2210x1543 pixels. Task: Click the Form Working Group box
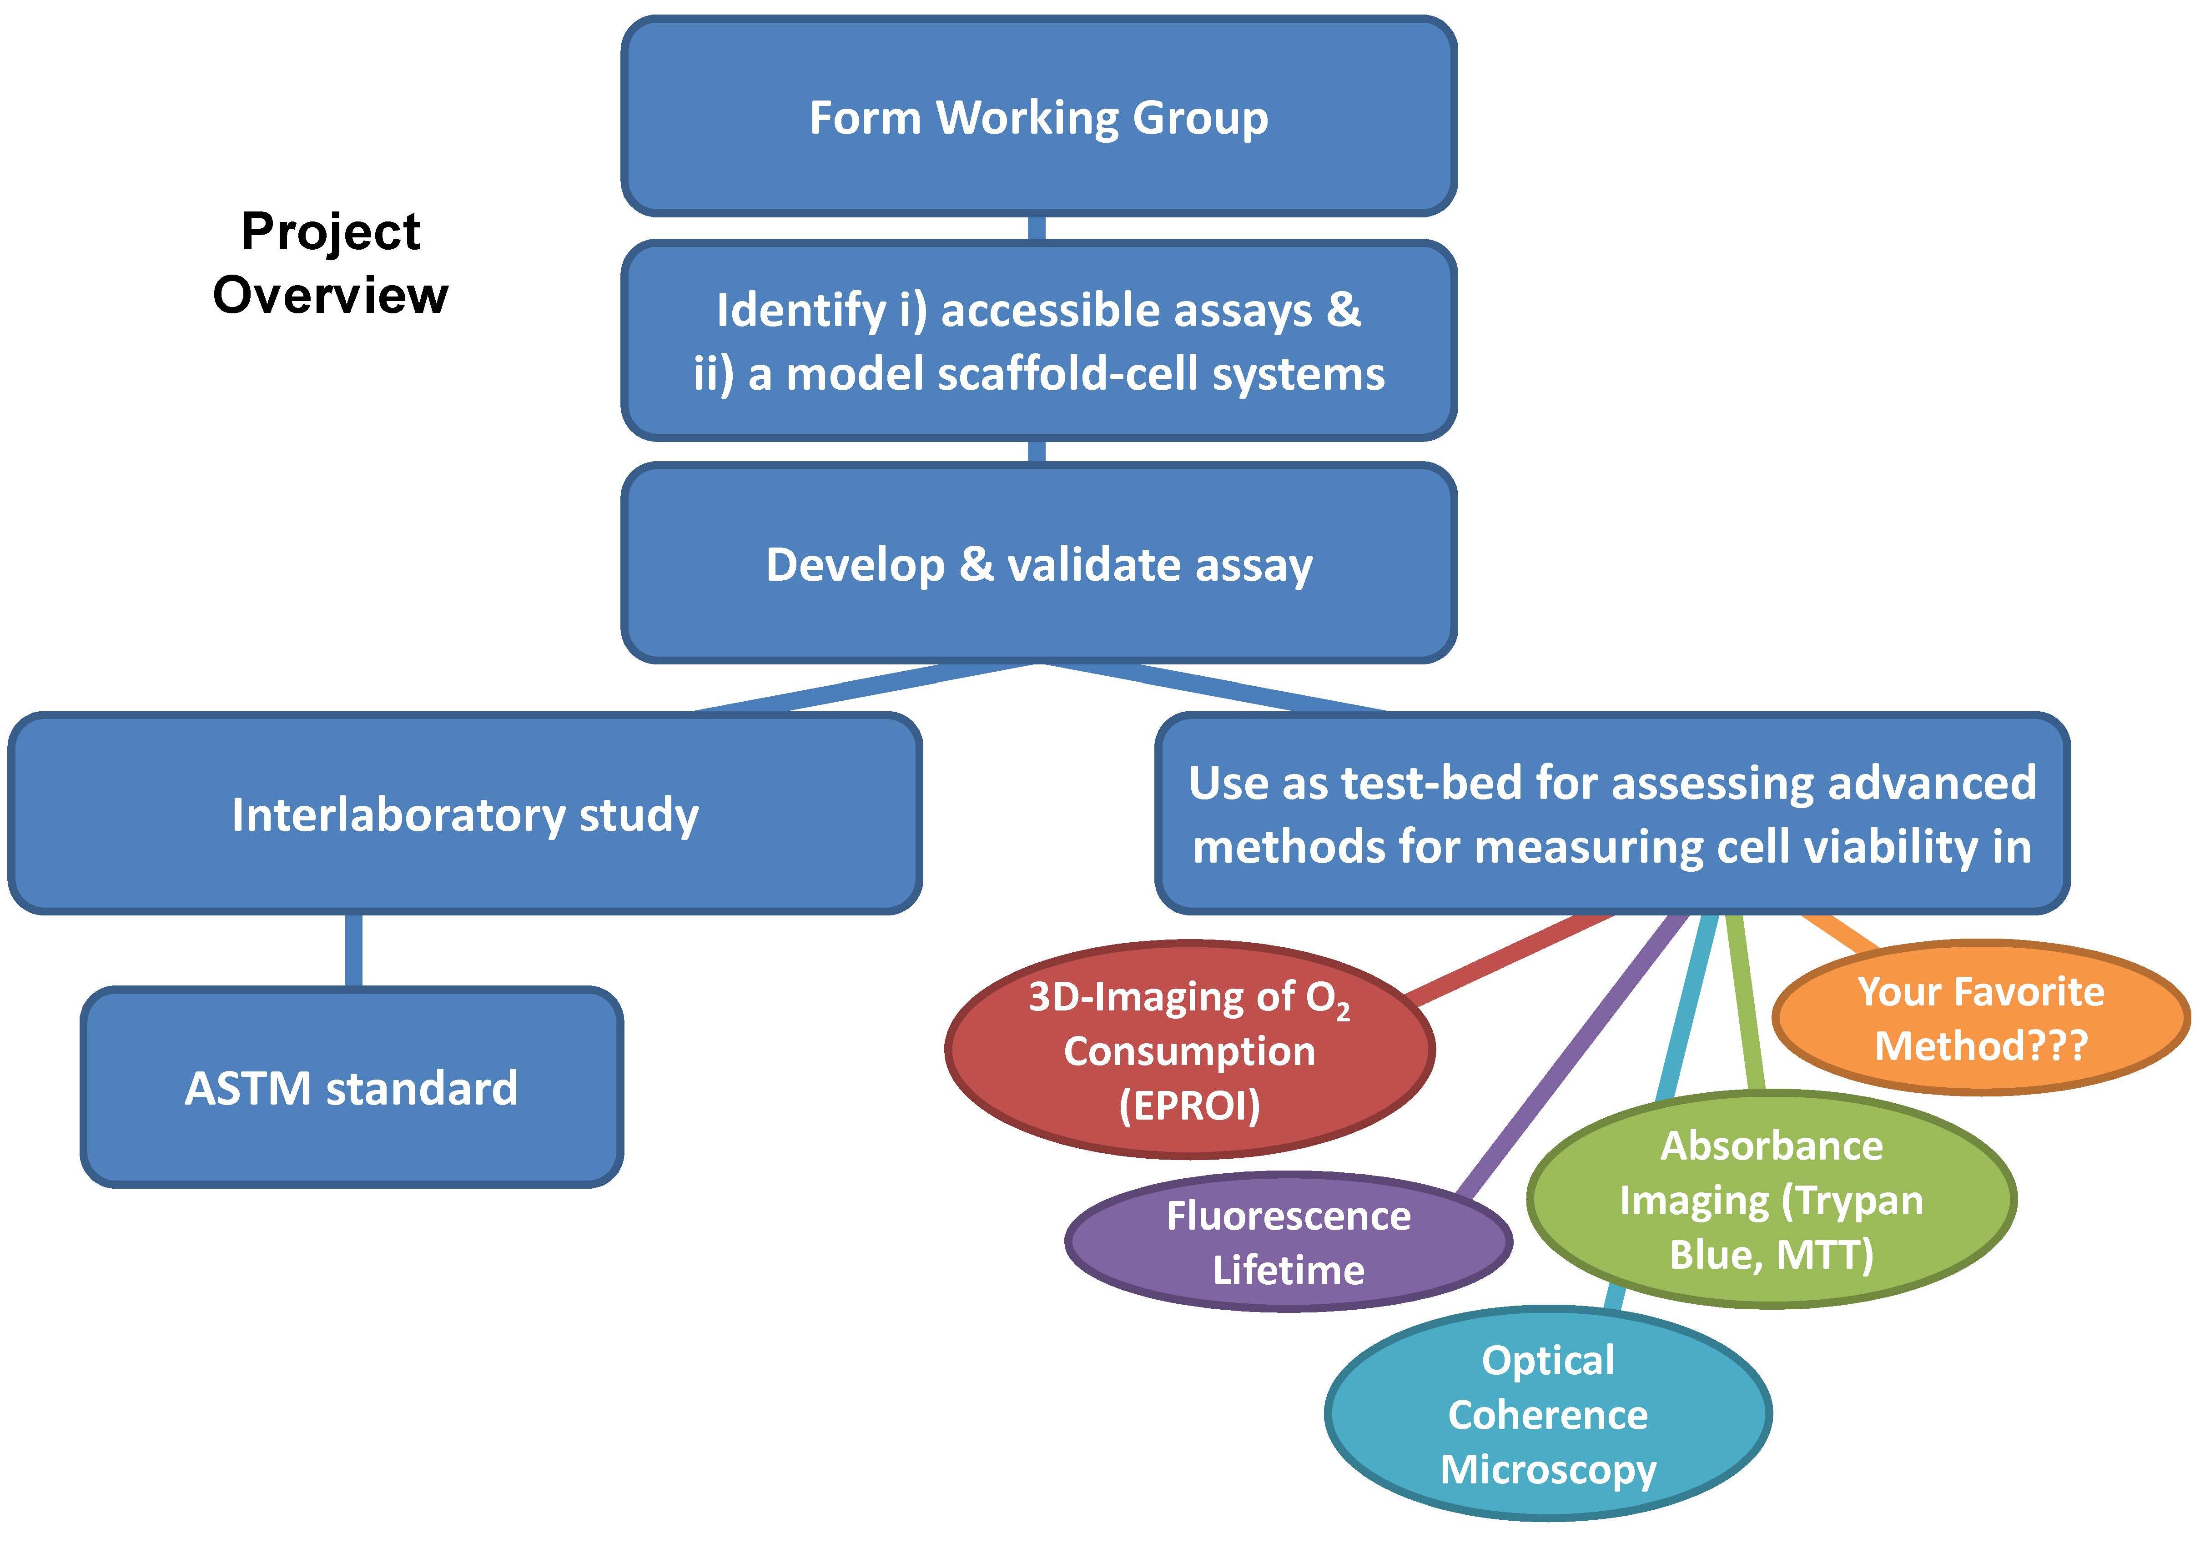coord(1038,116)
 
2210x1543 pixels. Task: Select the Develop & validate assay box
coord(1038,564)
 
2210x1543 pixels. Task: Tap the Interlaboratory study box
coord(465,814)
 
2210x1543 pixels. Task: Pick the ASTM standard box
coord(351,1088)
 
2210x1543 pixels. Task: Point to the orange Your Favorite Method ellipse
coord(1981,1018)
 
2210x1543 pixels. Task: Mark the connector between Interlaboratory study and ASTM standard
coord(353,950)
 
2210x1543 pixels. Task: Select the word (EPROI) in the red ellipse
coord(1190,1105)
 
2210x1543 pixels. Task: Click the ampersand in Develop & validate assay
coord(976,564)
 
